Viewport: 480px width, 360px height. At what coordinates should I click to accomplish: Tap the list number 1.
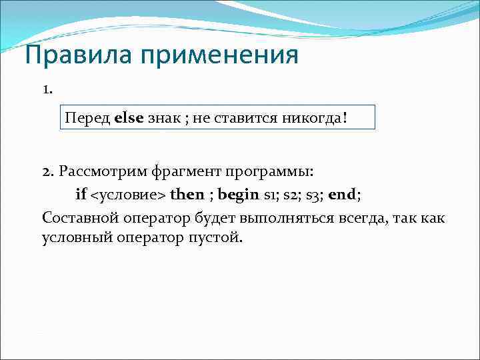[x=47, y=89]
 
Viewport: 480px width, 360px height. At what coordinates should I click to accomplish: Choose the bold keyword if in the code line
[x=81, y=194]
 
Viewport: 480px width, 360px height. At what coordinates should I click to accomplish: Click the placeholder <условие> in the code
[x=129, y=194]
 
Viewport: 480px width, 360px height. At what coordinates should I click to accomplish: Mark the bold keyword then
[x=187, y=194]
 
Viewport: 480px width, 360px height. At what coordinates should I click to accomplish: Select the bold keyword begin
[x=237, y=194]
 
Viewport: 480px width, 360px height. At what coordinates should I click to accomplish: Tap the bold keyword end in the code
[x=343, y=194]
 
